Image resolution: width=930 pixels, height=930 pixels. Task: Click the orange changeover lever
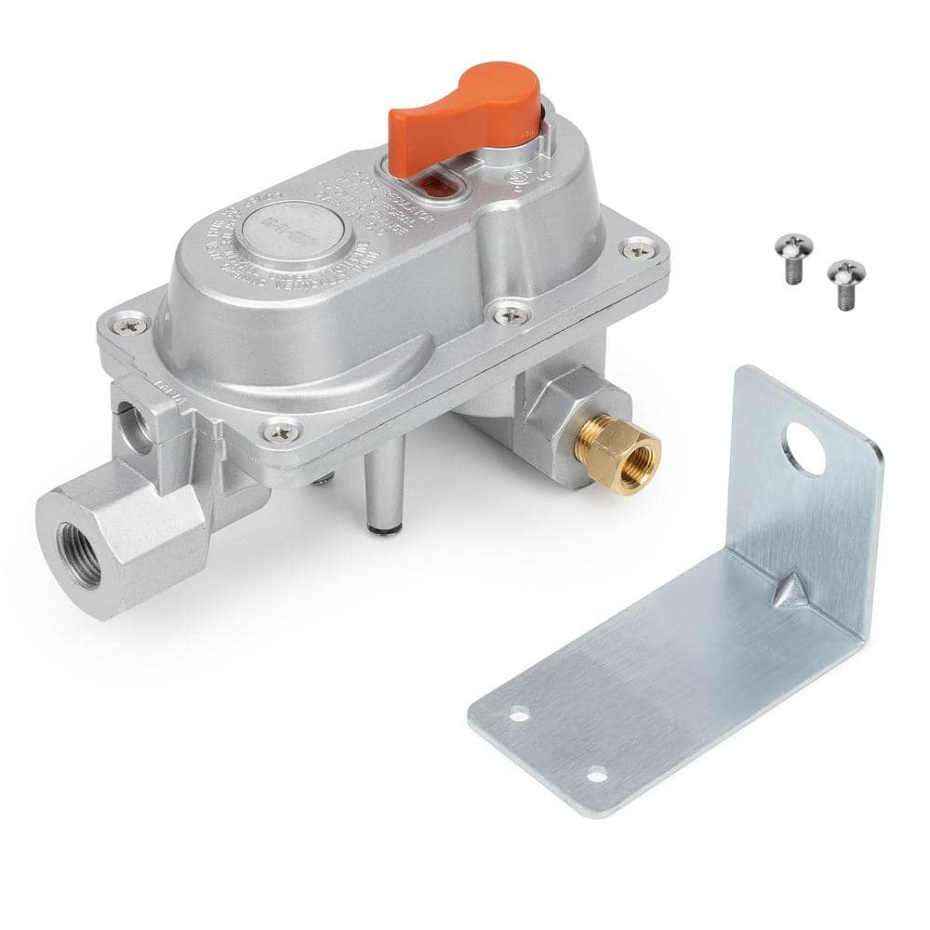click(465, 116)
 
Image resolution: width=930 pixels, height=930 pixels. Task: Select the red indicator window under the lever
click(434, 183)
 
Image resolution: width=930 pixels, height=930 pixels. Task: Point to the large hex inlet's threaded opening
click(80, 554)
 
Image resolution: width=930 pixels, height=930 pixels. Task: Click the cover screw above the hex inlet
click(281, 431)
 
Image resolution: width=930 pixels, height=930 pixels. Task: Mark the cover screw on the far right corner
click(639, 247)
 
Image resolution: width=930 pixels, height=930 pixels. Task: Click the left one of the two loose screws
click(793, 253)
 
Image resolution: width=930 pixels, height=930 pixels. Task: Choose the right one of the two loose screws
click(846, 279)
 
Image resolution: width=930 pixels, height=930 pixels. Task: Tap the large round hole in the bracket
click(804, 448)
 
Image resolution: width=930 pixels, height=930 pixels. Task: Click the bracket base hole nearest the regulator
click(519, 714)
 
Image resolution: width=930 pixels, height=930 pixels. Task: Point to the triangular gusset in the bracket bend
click(790, 591)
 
